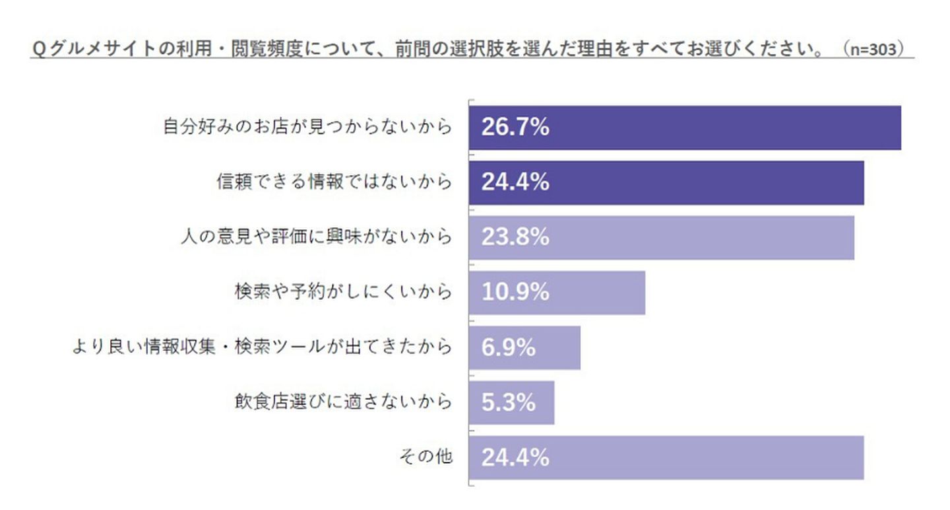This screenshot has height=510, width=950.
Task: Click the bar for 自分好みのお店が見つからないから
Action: click(685, 127)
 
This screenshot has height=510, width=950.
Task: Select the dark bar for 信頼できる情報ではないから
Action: click(666, 182)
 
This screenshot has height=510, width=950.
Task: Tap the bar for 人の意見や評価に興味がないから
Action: click(661, 237)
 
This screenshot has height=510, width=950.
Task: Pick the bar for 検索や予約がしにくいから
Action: click(557, 292)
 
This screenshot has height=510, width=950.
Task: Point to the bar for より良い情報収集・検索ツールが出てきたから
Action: click(524, 347)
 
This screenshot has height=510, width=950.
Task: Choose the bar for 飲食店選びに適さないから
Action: click(511, 402)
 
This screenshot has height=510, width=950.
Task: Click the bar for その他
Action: click(666, 456)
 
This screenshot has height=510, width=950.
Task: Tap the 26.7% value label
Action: click(515, 127)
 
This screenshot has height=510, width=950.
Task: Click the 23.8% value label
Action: click(515, 237)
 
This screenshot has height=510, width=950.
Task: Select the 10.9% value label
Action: click(515, 292)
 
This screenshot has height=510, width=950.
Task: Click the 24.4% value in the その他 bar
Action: click(515, 456)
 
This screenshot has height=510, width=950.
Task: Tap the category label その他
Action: click(426, 456)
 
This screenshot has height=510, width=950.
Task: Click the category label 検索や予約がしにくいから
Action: click(344, 291)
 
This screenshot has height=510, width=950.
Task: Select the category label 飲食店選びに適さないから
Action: click(344, 401)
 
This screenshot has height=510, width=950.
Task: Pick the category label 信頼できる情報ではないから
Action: click(334, 182)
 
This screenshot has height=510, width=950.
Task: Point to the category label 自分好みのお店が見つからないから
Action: click(307, 127)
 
